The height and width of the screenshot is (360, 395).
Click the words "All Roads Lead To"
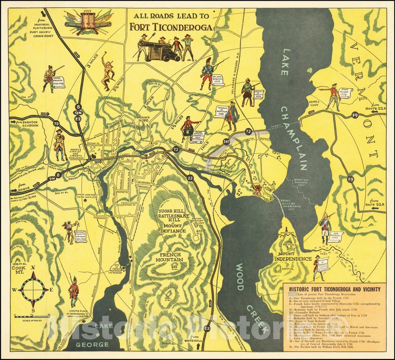point(171,16)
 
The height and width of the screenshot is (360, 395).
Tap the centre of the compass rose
point(33,289)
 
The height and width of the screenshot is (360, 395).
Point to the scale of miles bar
point(31,316)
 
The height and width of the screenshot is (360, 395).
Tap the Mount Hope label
point(144,120)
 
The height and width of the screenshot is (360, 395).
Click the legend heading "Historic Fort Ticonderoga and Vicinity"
point(335,289)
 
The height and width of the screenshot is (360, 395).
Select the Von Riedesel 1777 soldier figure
point(324,228)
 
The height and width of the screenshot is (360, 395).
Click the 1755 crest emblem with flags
point(88,23)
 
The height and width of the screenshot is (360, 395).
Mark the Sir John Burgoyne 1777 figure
point(207,73)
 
